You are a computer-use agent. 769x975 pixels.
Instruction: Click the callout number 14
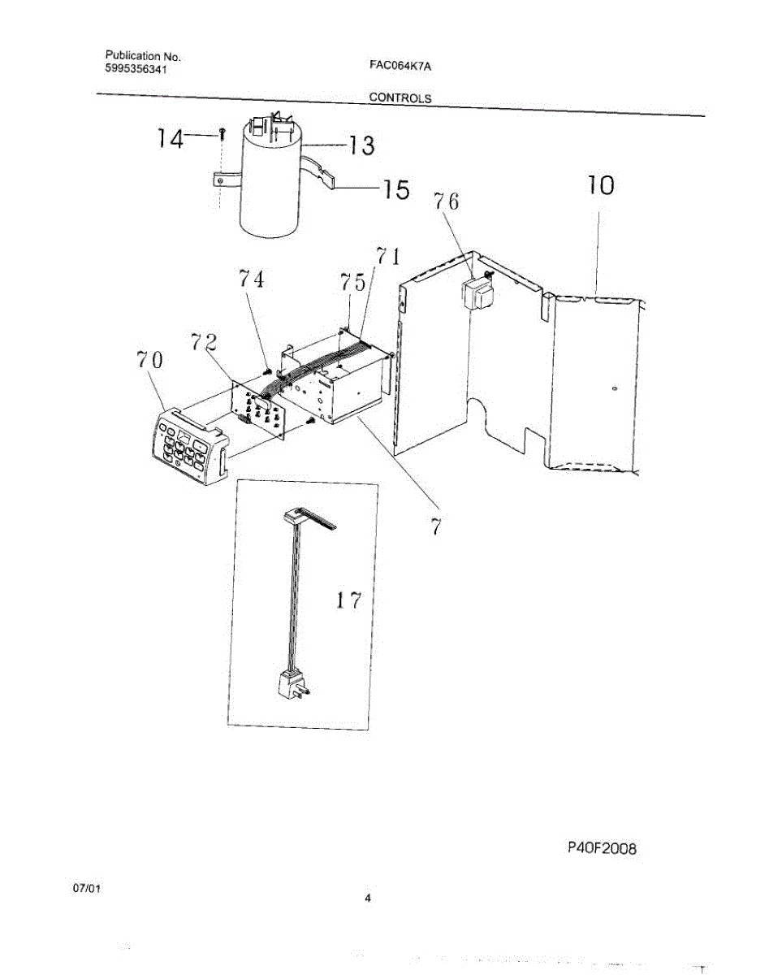[x=170, y=139]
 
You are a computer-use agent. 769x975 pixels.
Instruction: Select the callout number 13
[x=361, y=145]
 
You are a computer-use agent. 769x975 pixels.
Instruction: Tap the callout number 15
[x=395, y=190]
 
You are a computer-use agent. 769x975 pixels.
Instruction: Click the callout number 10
[x=600, y=186]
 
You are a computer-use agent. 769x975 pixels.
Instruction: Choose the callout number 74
[x=251, y=279]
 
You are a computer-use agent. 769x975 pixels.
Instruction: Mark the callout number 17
[x=348, y=601]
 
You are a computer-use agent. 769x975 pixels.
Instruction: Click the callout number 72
[x=205, y=342]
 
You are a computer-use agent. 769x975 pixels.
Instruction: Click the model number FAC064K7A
[x=399, y=67]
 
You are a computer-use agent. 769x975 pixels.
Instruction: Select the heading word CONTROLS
[x=400, y=97]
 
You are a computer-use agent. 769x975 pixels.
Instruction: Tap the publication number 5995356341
[x=138, y=70]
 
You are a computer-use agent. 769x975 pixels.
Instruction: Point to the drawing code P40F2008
[x=602, y=848]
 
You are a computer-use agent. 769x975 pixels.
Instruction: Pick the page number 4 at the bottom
[x=368, y=898]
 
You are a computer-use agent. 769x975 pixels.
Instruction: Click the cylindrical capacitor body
[x=271, y=187]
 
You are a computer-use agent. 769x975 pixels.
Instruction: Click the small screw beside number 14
[x=221, y=133]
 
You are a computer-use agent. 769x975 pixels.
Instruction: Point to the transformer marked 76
[x=477, y=295]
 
